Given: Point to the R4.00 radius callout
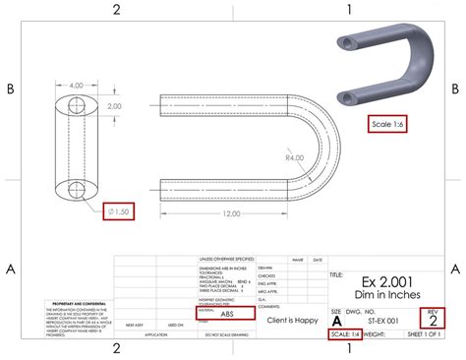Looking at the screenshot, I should (293, 157).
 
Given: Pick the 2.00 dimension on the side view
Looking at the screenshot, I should (114, 105).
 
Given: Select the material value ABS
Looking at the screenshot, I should (227, 286).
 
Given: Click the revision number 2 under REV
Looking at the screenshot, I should (433, 290).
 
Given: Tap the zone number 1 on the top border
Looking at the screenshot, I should (349, 10).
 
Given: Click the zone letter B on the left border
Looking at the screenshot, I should (11, 89).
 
